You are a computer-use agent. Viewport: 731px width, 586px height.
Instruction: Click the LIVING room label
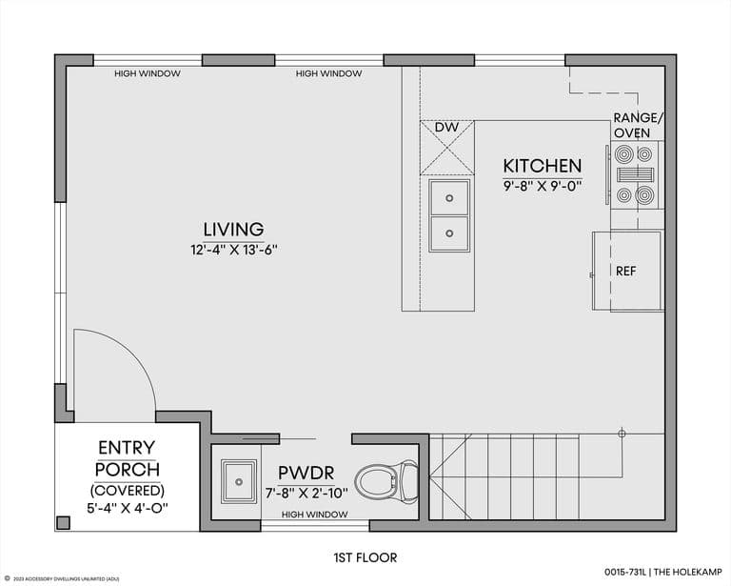pyautogui.click(x=233, y=229)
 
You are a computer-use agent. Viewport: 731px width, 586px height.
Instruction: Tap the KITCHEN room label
pyautogui.click(x=543, y=166)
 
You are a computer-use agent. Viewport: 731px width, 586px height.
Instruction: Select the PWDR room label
pyautogui.click(x=306, y=474)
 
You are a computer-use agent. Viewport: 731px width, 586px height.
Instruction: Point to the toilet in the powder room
pyautogui.click(x=386, y=481)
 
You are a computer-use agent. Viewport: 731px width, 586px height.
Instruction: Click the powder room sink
pyautogui.click(x=239, y=481)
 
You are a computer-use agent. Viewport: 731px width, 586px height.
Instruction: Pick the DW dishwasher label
pyautogui.click(x=446, y=127)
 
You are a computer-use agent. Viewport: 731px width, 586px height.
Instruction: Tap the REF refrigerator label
pyautogui.click(x=625, y=271)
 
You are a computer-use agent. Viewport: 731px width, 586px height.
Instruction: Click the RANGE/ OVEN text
pyautogui.click(x=638, y=125)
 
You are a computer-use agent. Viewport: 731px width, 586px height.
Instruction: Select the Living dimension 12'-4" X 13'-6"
pyautogui.click(x=234, y=250)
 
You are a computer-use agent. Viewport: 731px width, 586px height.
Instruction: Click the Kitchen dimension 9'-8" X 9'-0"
pyautogui.click(x=543, y=187)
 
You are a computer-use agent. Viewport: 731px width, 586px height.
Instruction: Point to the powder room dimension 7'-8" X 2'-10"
pyautogui.click(x=306, y=494)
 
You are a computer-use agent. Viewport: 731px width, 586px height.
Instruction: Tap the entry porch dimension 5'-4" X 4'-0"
pyautogui.click(x=128, y=508)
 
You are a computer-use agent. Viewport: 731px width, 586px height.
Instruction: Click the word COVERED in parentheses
pyautogui.click(x=128, y=491)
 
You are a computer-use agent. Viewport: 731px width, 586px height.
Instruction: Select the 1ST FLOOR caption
pyautogui.click(x=365, y=557)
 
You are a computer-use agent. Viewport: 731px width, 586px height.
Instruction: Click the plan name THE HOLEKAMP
pyautogui.click(x=687, y=572)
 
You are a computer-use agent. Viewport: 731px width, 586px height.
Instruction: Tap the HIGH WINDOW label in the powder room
pyautogui.click(x=315, y=515)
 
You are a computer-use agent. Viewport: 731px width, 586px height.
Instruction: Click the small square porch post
pyautogui.click(x=64, y=522)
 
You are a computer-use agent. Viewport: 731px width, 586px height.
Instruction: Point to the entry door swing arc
pyautogui.click(x=133, y=354)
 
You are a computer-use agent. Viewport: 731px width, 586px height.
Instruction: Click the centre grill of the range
pyautogui.click(x=635, y=174)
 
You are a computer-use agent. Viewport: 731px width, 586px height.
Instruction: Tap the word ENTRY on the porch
pyautogui.click(x=127, y=448)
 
